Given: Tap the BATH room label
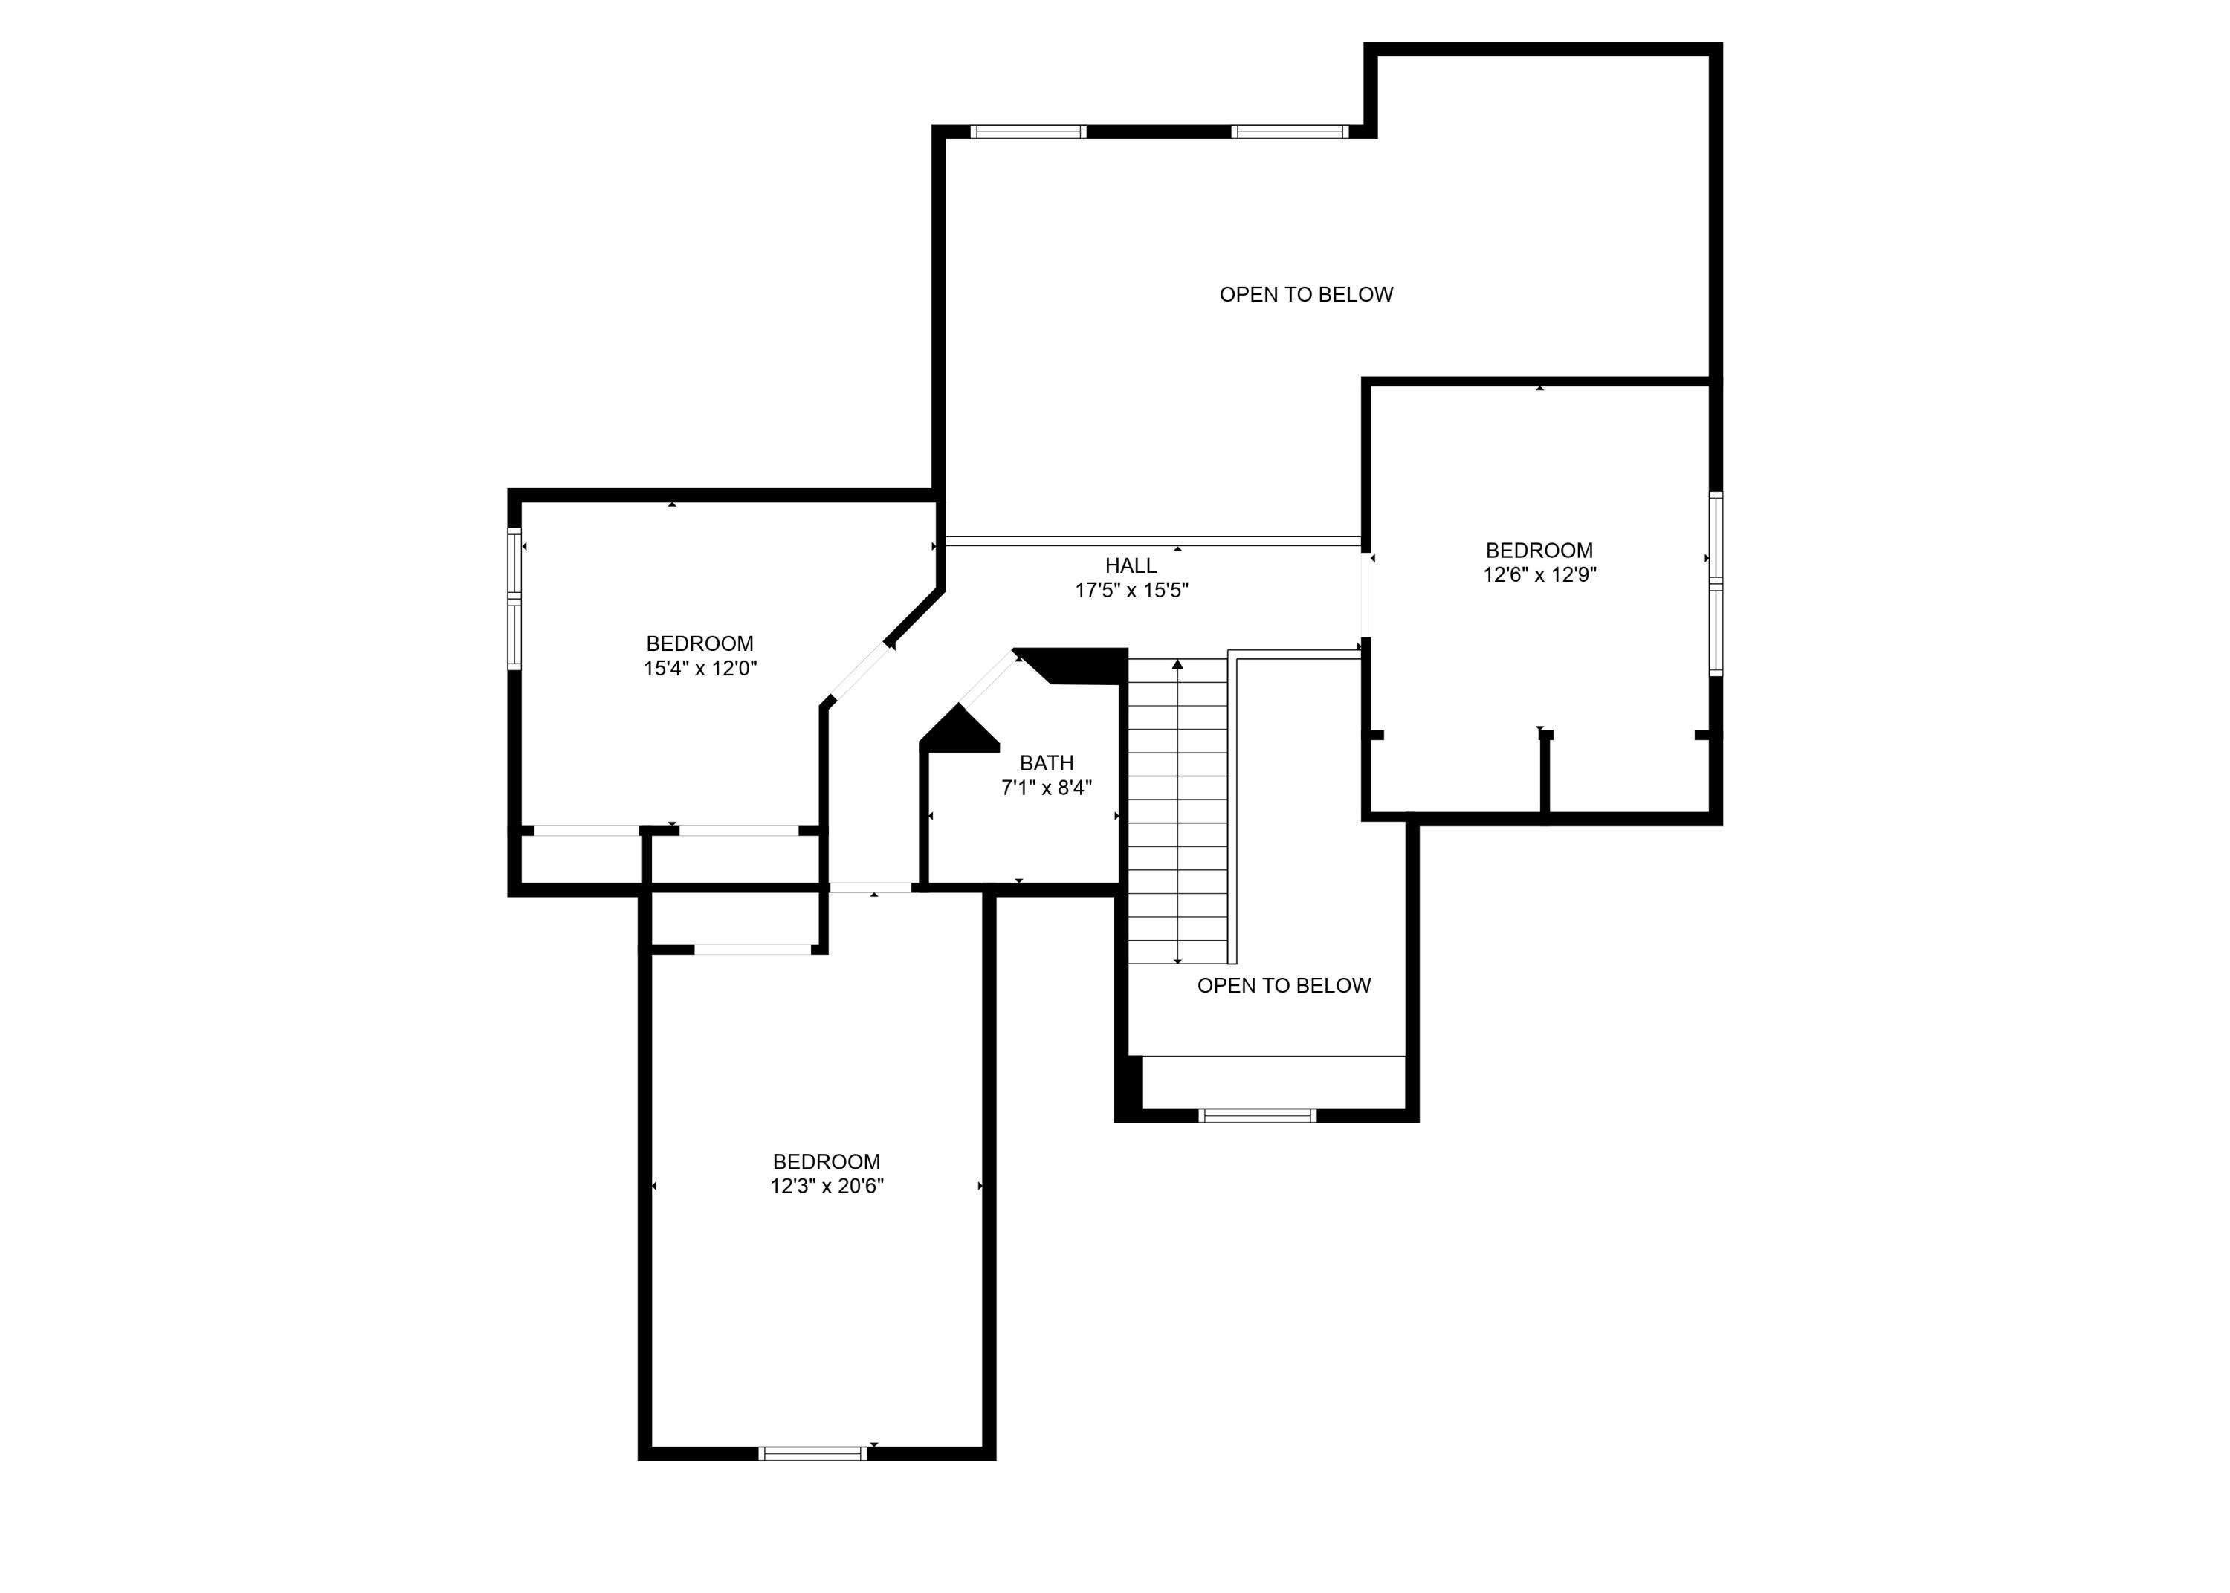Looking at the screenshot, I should click(1046, 763).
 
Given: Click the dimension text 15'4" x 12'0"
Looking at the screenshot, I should click(699, 669).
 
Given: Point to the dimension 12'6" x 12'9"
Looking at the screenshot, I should click(1539, 575).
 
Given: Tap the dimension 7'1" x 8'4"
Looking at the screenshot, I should click(1046, 788).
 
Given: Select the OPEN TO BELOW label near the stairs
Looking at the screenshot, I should click(1283, 986).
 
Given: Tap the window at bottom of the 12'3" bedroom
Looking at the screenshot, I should click(812, 1454).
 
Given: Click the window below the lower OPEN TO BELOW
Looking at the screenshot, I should click(1257, 1115).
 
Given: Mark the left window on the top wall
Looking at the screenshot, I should click(1027, 132).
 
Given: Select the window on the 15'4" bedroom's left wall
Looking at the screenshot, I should click(513, 598).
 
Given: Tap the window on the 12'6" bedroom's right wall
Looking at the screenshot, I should click(1715, 585).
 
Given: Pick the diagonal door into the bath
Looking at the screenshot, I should click(988, 679).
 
